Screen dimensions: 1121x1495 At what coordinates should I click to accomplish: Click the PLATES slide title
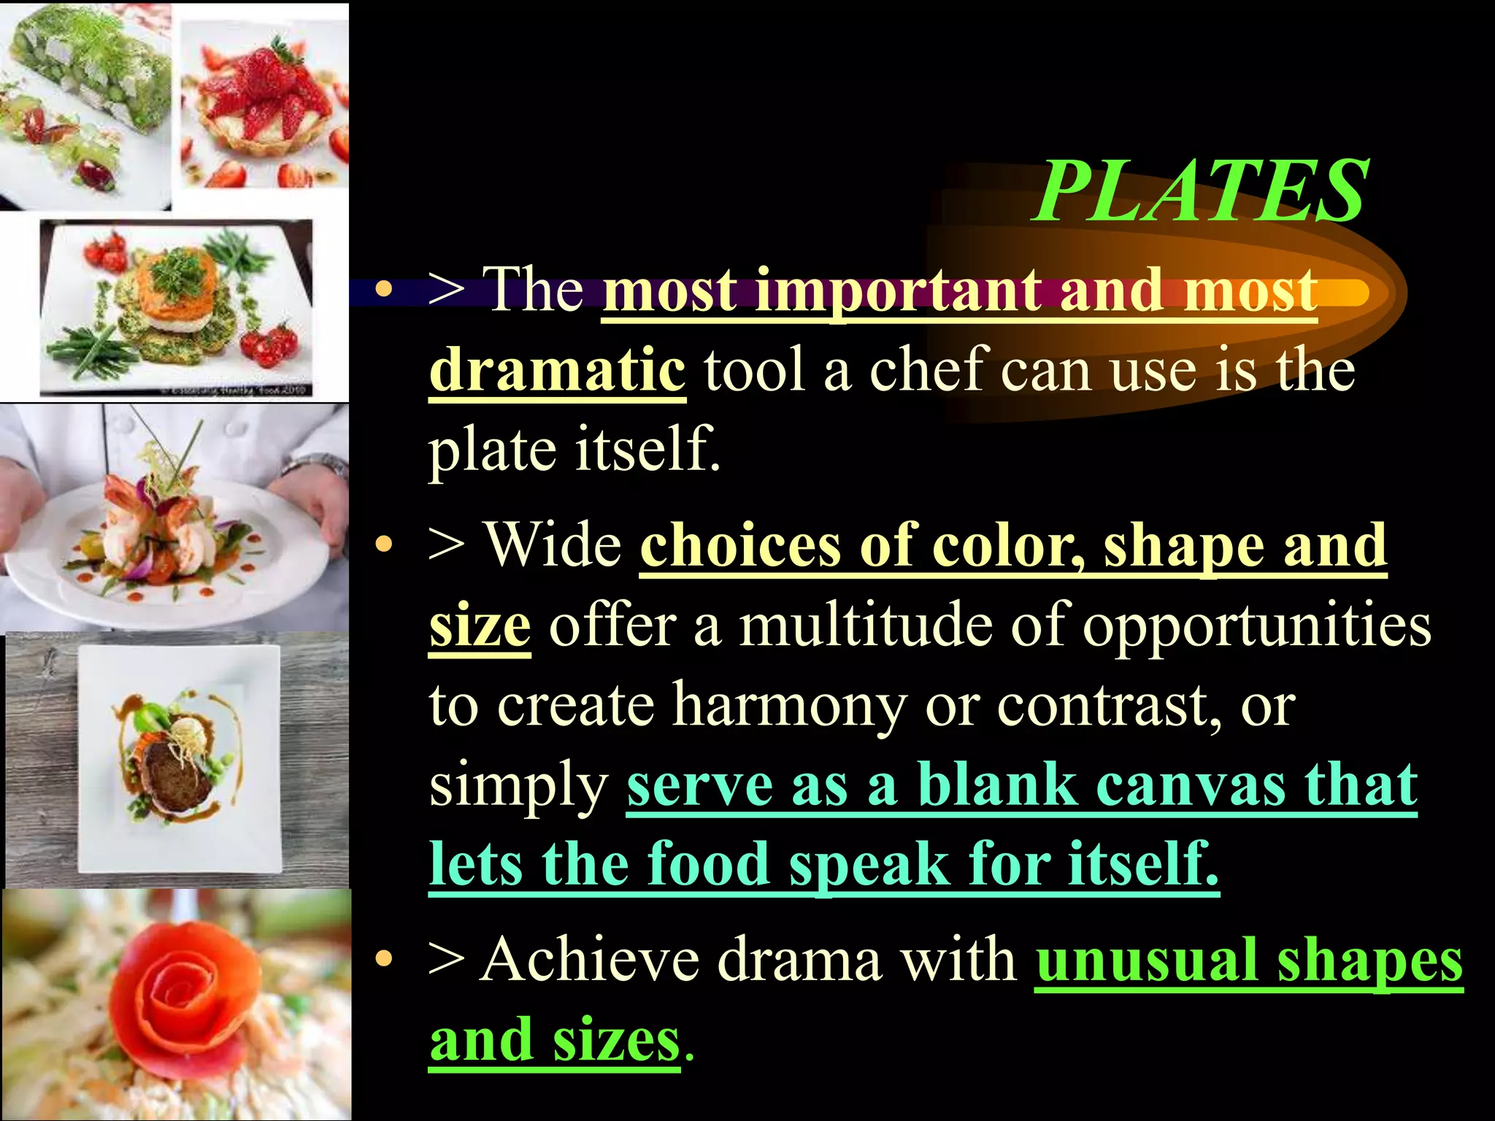coord(1201,191)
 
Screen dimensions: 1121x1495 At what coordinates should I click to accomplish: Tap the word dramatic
coord(557,370)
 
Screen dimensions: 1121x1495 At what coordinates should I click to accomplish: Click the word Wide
coord(553,544)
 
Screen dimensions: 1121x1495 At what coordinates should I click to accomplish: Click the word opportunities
coord(1256,625)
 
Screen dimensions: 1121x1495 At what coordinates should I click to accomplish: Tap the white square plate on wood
coord(179,759)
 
